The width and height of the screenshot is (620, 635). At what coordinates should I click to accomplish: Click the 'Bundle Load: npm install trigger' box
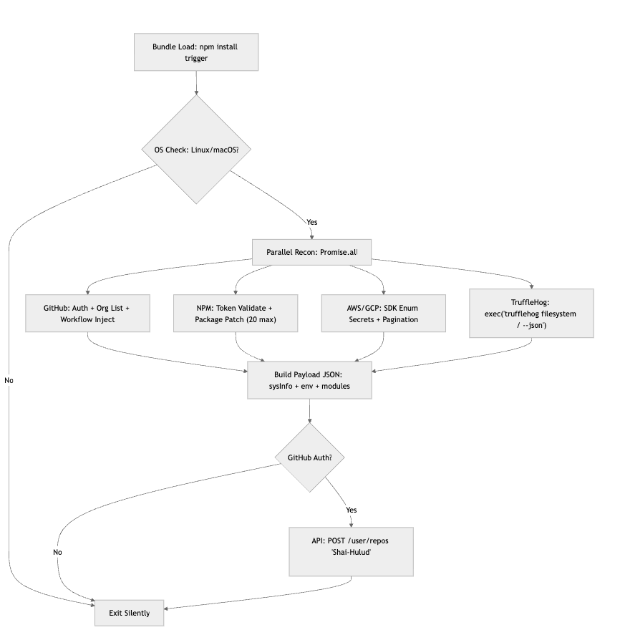click(196, 52)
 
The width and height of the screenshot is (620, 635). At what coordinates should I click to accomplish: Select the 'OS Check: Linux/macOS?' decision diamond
click(196, 150)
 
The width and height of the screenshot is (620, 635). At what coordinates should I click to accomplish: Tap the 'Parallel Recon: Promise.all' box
click(311, 252)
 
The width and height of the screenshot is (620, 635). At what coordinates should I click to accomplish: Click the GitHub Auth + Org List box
click(87, 313)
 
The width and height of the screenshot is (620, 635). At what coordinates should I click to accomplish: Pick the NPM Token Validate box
click(236, 313)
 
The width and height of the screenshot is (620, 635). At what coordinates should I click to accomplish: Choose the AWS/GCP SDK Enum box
click(384, 313)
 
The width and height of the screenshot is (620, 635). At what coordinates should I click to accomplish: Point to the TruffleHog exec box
click(531, 313)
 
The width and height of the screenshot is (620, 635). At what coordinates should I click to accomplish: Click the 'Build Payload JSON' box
click(309, 380)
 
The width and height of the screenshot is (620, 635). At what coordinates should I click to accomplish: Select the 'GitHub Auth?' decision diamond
click(309, 457)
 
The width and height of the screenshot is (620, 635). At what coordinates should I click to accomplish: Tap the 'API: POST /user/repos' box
click(351, 551)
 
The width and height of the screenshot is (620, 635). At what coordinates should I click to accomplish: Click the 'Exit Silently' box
click(130, 614)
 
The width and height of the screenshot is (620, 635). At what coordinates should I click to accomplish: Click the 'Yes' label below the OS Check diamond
click(311, 222)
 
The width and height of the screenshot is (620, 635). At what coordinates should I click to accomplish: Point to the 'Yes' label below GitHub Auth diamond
click(352, 510)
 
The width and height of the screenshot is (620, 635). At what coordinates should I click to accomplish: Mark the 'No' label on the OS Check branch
click(9, 380)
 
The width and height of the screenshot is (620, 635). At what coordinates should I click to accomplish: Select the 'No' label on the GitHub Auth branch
click(57, 552)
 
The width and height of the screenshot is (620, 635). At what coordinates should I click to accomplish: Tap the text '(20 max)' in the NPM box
click(261, 319)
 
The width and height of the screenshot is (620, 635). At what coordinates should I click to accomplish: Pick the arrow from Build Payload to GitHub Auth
click(309, 411)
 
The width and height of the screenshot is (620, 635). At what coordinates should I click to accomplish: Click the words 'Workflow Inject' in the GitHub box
click(87, 319)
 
